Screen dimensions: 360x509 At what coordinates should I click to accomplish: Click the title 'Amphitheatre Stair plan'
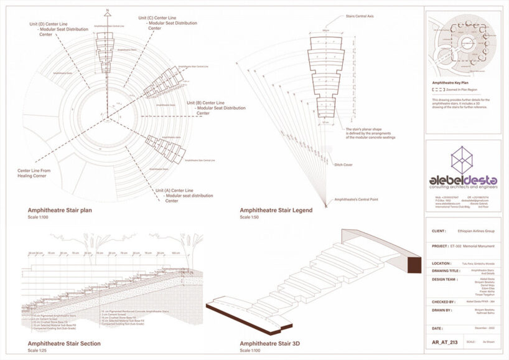[x=60, y=210]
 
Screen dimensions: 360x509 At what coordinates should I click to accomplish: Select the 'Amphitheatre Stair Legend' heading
[x=276, y=210]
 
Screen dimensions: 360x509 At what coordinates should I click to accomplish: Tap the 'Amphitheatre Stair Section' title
[x=63, y=343]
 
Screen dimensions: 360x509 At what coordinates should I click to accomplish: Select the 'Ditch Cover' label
[x=343, y=164]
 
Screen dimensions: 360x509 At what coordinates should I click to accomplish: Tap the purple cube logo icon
[x=461, y=160]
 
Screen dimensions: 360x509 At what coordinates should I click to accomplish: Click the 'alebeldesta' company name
[x=463, y=181]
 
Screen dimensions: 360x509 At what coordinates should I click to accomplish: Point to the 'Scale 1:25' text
[x=38, y=351]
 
